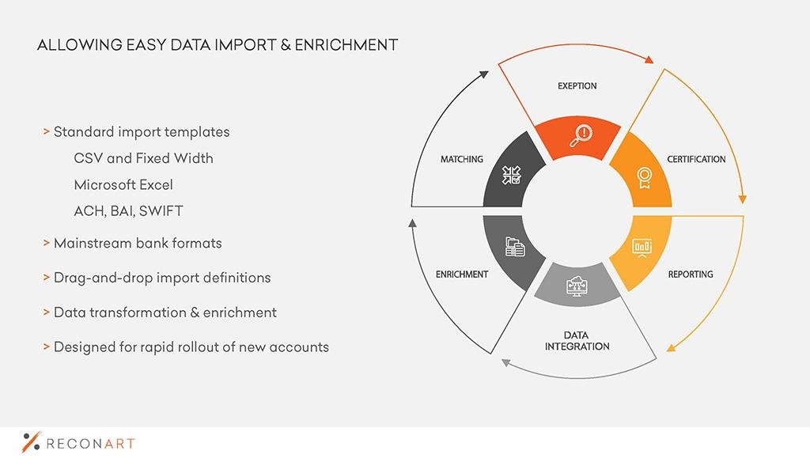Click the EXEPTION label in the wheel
[577, 85]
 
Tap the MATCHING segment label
[462, 159]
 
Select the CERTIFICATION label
[696, 159]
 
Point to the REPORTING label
[691, 274]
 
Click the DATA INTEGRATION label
[577, 341]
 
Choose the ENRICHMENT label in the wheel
[462, 274]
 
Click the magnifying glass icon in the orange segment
[581, 135]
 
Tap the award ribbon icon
[644, 178]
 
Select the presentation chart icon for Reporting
[642, 248]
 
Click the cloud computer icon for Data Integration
[577, 286]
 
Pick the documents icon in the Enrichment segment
[514, 247]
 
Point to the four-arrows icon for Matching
[512, 175]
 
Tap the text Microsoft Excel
[123, 185]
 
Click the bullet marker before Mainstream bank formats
[47, 243]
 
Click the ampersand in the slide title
[286, 45]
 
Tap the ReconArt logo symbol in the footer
[31, 442]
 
